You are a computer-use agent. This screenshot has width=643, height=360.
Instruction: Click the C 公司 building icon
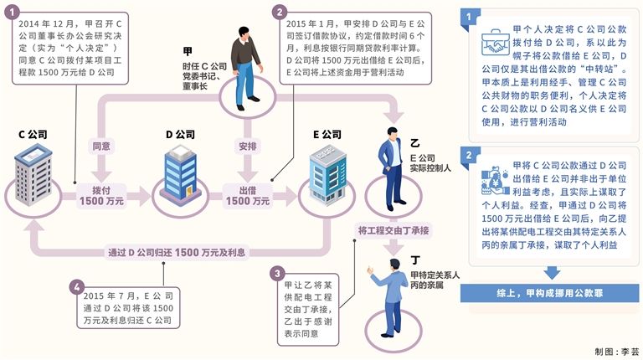click(33, 177)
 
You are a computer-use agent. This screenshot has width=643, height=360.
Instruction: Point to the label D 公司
click(179, 134)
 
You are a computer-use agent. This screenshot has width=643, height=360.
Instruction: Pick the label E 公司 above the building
click(327, 134)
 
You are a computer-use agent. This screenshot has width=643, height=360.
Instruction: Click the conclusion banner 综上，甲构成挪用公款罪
click(551, 293)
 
